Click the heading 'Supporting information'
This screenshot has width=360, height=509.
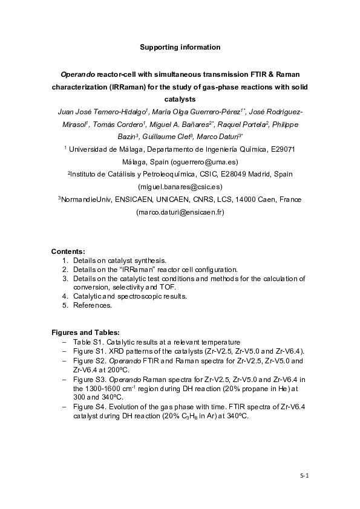point(180,47)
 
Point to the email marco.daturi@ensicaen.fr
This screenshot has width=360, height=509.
point(180,212)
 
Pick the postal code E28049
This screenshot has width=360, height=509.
point(222,174)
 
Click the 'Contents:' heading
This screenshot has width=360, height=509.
point(68,251)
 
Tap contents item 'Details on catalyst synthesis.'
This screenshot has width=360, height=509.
point(115,261)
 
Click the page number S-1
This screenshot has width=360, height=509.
point(305,476)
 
